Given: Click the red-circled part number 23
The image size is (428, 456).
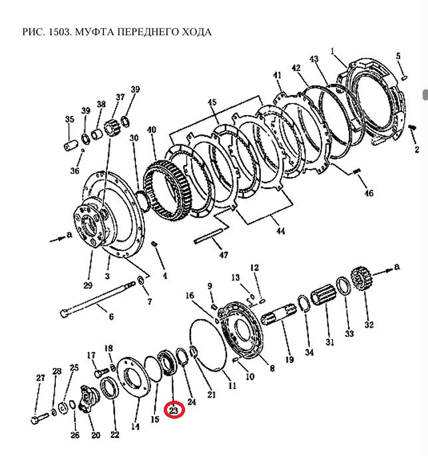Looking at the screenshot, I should pos(174,411).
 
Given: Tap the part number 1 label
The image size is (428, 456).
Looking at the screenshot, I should pos(333,51).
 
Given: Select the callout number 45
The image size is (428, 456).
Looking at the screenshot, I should pos(212,103).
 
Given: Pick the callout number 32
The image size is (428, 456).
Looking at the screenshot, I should pos(368,325).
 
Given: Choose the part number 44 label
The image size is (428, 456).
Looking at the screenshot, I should pos(280,231).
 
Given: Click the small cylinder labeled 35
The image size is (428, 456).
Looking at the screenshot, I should pos(72,142).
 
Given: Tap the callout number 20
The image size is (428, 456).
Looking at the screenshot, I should pos(96,435).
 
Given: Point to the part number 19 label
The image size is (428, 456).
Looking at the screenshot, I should pos(289,359).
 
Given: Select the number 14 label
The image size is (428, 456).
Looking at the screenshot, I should pos(135,427).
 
